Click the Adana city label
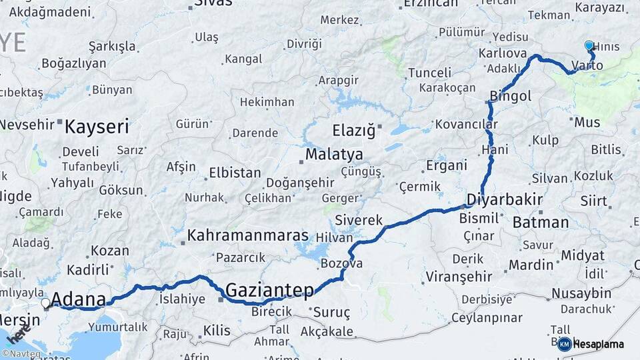coord(78,299)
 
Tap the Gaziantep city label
coord(269,291)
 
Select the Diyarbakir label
coord(504,200)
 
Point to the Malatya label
coord(334,155)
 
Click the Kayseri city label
coord(97,126)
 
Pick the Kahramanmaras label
coord(248,235)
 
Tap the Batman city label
coord(540,222)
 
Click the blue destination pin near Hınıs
coord(589,46)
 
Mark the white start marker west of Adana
coord(45,303)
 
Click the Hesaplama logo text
coord(598,344)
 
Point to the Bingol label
coord(511,96)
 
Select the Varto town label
coord(587,65)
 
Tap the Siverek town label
coord(359,219)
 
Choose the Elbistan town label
coord(235,173)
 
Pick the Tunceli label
coord(429,72)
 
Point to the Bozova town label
coord(341,263)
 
